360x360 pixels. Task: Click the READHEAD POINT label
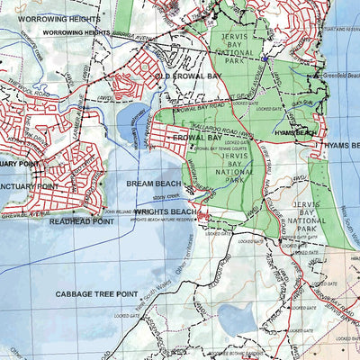[x=81, y=220]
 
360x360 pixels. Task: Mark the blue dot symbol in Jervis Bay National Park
[x=265, y=59]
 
